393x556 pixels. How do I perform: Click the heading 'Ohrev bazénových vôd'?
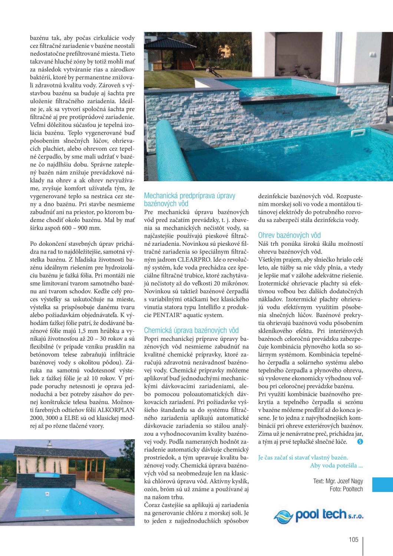pyautogui.click(x=289, y=235)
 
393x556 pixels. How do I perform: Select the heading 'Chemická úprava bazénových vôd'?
pyautogui.click(x=191, y=330)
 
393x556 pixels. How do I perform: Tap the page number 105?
pyautogui.click(x=353, y=539)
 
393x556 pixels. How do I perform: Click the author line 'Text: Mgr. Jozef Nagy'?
pyautogui.click(x=338, y=481)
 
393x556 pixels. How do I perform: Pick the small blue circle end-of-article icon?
pyautogui.click(x=360, y=442)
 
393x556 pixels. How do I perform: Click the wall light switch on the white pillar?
pyautogui.click(x=373, y=55)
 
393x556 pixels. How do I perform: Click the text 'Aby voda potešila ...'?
pyautogui.click(x=336, y=466)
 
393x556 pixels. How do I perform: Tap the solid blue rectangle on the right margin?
pyautogui.click(x=382, y=485)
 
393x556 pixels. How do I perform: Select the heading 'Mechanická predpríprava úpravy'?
pyautogui.click(x=189, y=195)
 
